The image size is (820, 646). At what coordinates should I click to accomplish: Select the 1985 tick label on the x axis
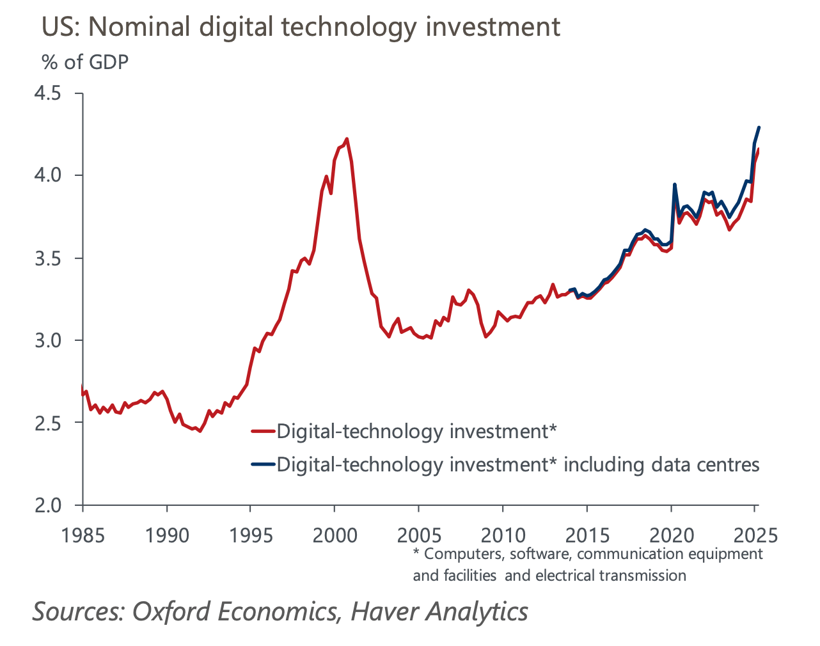click(83, 535)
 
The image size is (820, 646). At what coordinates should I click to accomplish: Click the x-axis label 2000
click(335, 535)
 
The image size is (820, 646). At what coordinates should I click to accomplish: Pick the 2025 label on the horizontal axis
click(755, 535)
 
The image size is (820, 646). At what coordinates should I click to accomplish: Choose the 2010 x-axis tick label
click(503, 535)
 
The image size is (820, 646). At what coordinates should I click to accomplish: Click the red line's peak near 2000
click(347, 138)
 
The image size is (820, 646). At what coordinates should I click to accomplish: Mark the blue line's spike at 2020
click(675, 185)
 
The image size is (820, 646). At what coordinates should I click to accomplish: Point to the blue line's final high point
click(759, 127)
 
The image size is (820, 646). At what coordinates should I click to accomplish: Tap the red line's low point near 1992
click(200, 431)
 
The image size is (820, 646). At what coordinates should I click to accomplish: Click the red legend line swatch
click(263, 432)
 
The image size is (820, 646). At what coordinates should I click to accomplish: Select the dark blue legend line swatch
click(263, 464)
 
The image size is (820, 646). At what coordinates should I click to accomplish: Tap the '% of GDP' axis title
click(85, 62)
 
